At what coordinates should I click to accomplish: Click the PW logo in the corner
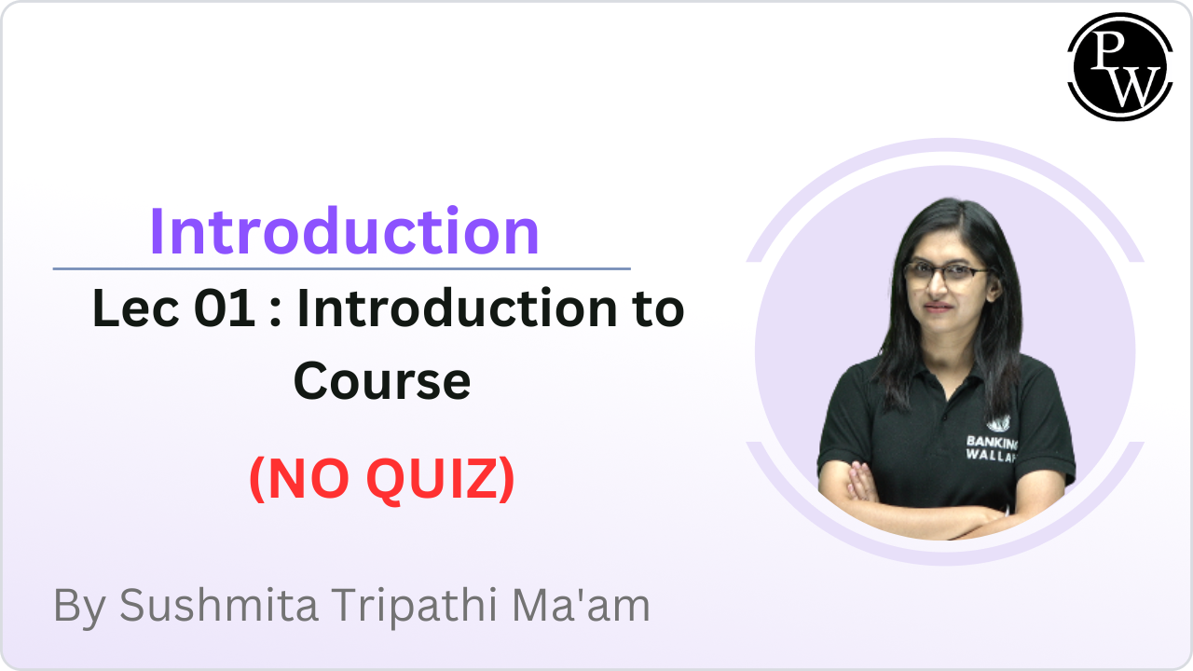pyautogui.click(x=1118, y=65)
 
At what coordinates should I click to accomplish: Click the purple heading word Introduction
pyautogui.click(x=344, y=231)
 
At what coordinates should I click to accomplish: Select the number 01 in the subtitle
pyautogui.click(x=225, y=310)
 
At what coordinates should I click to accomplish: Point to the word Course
pyautogui.click(x=382, y=381)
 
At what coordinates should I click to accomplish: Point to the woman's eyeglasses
pyautogui.click(x=945, y=273)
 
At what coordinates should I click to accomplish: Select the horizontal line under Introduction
pyautogui.click(x=341, y=268)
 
